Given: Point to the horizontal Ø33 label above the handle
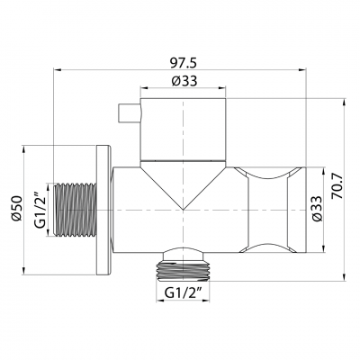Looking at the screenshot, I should coord(184,81).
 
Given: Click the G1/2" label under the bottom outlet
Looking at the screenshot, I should coord(185,292).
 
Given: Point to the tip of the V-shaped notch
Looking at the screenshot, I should coord(184,209).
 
